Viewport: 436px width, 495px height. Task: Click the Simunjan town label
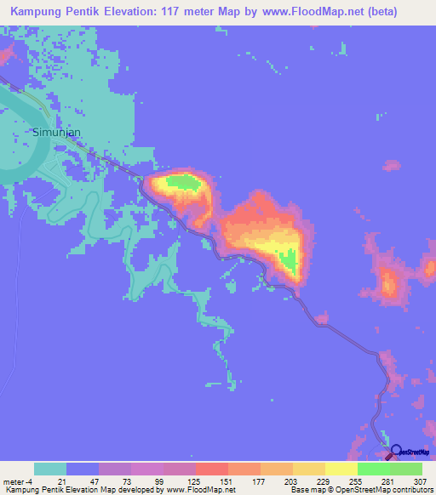(57, 133)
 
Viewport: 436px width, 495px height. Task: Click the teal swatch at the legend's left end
(49, 469)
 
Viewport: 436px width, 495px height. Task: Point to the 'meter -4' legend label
(19, 481)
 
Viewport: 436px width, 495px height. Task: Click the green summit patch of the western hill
(183, 180)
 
